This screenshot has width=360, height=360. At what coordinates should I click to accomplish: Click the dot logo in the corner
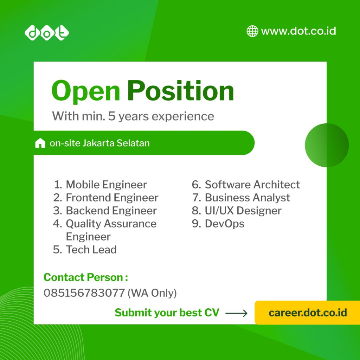point(47,33)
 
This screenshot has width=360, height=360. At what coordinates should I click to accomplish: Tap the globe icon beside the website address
point(252,31)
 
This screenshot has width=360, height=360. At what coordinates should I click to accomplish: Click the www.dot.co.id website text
point(298,31)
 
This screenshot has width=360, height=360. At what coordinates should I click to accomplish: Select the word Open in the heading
point(86,92)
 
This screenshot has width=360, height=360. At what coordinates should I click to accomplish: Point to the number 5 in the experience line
point(111,116)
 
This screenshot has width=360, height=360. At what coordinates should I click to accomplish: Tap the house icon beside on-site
point(40,143)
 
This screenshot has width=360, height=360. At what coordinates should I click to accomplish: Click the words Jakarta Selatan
point(116,143)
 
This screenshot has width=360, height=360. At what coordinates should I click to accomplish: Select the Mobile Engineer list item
point(100,185)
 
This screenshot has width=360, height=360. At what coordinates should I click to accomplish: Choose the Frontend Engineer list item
point(105,198)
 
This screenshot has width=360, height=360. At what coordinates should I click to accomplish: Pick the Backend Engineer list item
point(105,211)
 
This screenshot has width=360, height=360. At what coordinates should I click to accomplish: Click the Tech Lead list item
point(85,250)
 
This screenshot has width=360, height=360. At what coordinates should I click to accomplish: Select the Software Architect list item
point(246,185)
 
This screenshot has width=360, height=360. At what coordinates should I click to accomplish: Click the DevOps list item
point(218,224)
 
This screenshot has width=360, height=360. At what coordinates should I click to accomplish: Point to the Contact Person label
point(86,277)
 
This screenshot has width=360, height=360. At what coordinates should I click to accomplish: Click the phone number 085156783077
point(84,293)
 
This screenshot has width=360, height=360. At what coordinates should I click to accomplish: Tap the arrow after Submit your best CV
point(236,313)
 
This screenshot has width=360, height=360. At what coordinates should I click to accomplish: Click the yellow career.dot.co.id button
point(307,313)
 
